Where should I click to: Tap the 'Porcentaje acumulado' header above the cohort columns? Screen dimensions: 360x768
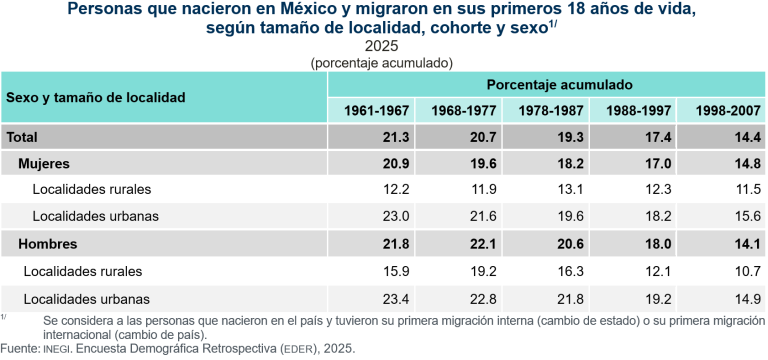click(547, 84)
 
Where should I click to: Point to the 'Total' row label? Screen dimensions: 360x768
click(24, 136)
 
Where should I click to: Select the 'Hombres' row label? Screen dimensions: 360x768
click(49, 244)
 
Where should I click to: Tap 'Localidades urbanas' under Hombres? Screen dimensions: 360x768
click(86, 298)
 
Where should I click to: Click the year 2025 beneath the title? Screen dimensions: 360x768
click(382, 46)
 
